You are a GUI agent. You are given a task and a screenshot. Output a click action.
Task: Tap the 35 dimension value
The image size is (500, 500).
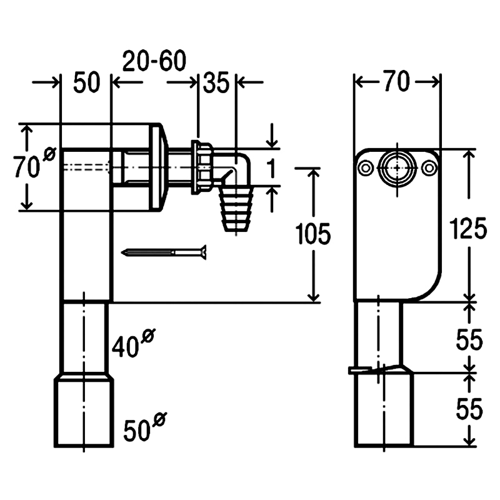216,82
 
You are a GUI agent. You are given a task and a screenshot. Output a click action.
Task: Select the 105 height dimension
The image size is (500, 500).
313,234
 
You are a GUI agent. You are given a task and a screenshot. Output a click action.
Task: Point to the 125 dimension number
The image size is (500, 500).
468,228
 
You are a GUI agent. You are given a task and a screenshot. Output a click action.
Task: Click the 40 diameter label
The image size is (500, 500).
133,343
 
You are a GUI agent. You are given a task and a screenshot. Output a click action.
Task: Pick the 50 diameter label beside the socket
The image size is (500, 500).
145,427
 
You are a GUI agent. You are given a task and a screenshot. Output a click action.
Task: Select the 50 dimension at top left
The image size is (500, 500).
87,82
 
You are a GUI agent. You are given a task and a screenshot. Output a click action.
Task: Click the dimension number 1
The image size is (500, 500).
271,168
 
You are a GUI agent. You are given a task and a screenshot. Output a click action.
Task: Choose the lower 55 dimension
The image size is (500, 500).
469,409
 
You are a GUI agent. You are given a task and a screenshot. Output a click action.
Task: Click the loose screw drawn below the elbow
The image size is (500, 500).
164,252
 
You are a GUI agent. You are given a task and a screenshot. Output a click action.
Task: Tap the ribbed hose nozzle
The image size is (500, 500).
236,209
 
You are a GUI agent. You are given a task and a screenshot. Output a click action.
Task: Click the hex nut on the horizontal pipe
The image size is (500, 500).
202,167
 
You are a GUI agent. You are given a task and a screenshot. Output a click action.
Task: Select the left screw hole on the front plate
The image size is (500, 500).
366,168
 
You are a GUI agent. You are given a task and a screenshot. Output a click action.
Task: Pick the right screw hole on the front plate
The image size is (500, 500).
429,168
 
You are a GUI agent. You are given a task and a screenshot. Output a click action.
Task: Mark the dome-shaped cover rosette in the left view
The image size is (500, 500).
159,167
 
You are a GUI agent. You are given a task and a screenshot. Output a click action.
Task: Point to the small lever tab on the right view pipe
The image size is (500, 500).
359,370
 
